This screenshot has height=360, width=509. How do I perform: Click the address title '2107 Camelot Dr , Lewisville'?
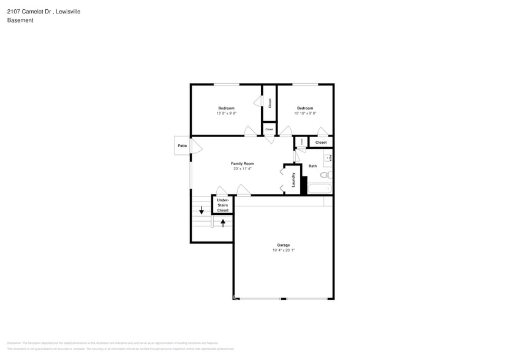[43, 12]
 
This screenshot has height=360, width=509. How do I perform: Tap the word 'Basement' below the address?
[20, 20]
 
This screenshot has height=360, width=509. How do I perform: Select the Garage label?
[283, 245]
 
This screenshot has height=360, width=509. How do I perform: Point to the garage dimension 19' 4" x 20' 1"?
[283, 250]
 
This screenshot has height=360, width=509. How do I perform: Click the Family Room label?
[242, 163]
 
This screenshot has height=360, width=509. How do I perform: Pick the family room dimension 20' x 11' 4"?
[242, 169]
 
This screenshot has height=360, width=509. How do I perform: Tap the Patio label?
[182, 146]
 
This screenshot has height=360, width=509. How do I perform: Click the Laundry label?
[294, 181]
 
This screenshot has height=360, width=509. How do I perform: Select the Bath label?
[312, 166]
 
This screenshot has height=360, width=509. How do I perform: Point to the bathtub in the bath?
[319, 189]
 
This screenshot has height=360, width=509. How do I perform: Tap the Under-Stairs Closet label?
[223, 204]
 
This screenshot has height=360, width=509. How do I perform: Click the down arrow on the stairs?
[202, 210]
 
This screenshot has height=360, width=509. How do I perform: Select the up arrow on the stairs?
[223, 222]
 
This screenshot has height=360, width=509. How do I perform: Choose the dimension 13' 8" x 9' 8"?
[226, 113]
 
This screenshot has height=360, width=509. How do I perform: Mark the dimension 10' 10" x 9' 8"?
[305, 113]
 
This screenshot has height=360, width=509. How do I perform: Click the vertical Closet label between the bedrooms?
[270, 103]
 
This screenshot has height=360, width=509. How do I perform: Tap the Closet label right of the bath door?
[321, 142]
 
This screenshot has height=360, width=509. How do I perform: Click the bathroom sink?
[328, 158]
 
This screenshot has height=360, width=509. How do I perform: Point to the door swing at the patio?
[196, 146]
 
